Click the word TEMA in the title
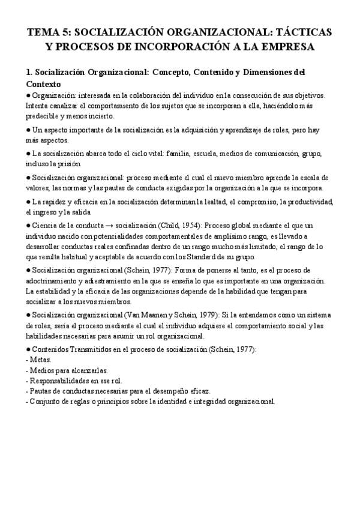tap(44, 32)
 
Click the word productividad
tap(307, 202)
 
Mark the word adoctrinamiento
tap(53, 281)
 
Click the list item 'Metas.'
tap(39, 360)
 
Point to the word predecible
tap(43, 116)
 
